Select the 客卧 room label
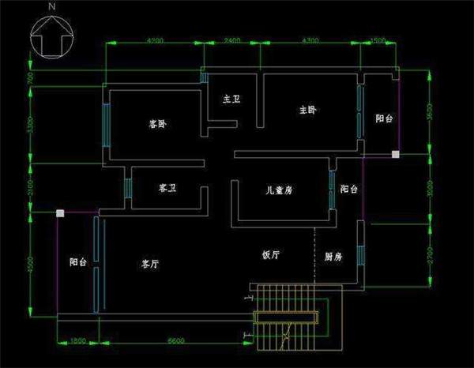[x=158, y=124]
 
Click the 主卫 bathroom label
[x=231, y=100]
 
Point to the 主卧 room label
[x=307, y=110]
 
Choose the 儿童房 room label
[x=279, y=190]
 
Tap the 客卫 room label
[x=167, y=188]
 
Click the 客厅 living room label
[x=150, y=264]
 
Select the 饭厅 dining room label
[x=271, y=255]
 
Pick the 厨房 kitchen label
[x=333, y=257]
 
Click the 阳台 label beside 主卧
[x=384, y=118]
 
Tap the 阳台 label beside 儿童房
[x=348, y=190]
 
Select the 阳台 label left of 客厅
[x=77, y=262]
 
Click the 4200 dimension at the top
[x=155, y=40]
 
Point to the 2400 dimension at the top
[x=232, y=40]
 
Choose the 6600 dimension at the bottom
[x=176, y=340]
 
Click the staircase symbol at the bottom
[x=286, y=319]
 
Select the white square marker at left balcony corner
[x=59, y=212]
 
